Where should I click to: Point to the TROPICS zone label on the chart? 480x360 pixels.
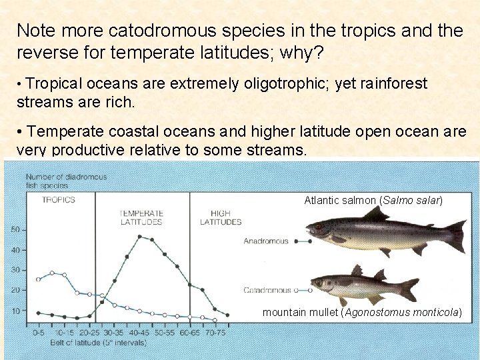point(59,200)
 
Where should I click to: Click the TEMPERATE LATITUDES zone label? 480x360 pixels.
point(141,217)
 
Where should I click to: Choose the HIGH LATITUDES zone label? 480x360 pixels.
point(221,217)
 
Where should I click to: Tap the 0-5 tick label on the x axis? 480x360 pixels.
point(39,331)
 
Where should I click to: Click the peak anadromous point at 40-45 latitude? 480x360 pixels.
point(140,236)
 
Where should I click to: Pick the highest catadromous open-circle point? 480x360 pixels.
point(52,273)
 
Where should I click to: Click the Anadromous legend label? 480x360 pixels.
point(266,241)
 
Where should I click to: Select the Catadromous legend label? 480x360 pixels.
point(267,290)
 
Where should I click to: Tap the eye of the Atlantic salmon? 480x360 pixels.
point(318,227)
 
